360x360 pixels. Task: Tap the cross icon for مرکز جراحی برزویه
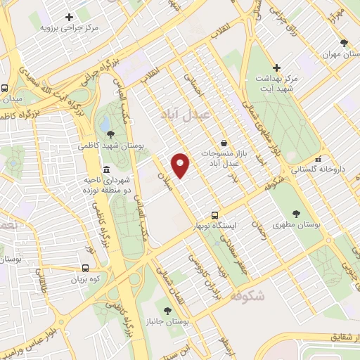tap(68, 17)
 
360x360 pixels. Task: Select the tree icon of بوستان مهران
tap(344, 43)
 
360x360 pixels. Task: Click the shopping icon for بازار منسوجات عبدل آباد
tap(224, 142)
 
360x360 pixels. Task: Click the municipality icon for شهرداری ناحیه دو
tap(106, 169)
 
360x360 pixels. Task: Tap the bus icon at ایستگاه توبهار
tap(215, 216)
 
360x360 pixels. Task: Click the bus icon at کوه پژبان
tap(86, 268)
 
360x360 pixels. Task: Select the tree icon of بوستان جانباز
tap(167, 310)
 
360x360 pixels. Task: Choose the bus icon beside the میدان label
tap(5, 89)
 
